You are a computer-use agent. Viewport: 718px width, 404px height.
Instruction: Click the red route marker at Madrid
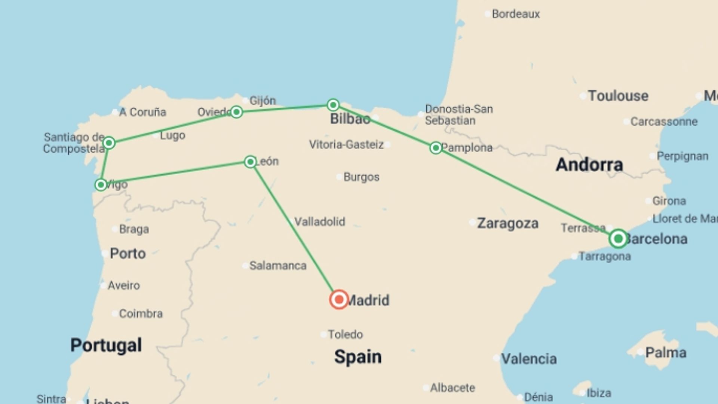pyautogui.click(x=339, y=300)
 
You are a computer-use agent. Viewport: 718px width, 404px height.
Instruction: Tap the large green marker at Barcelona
pyautogui.click(x=618, y=239)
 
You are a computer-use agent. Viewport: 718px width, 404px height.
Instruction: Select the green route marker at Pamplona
pyautogui.click(x=436, y=148)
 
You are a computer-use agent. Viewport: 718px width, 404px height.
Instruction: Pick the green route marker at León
pyautogui.click(x=250, y=162)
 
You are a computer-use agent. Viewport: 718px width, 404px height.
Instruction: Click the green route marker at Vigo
pyautogui.click(x=101, y=185)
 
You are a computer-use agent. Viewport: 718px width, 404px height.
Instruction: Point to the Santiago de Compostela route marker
pyautogui.click(x=109, y=143)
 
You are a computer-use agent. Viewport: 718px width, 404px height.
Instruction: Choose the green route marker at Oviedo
pyautogui.click(x=236, y=112)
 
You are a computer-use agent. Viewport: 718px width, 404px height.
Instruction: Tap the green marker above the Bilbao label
pyautogui.click(x=333, y=105)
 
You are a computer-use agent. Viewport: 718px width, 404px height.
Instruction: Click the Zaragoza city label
pyautogui.click(x=507, y=223)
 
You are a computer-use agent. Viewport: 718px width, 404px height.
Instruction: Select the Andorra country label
pyautogui.click(x=589, y=165)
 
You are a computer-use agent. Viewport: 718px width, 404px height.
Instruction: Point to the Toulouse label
pyautogui.click(x=618, y=96)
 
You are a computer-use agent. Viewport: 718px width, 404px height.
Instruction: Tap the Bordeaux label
pyautogui.click(x=516, y=14)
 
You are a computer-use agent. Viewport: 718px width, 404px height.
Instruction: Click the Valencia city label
pyautogui.click(x=528, y=359)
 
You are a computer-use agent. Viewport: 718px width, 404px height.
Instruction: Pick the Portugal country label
pyautogui.click(x=106, y=345)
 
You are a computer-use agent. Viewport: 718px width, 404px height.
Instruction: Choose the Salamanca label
pyautogui.click(x=277, y=266)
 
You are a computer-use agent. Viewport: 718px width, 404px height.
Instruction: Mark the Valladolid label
pyautogui.click(x=319, y=221)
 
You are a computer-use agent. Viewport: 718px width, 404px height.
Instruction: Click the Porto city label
pyautogui.click(x=128, y=254)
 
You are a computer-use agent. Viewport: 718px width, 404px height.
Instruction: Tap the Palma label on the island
pyautogui.click(x=666, y=352)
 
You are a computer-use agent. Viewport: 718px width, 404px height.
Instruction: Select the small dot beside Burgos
pyautogui.click(x=339, y=177)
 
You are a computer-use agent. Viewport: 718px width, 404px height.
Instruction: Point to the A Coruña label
pyautogui.click(x=142, y=112)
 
